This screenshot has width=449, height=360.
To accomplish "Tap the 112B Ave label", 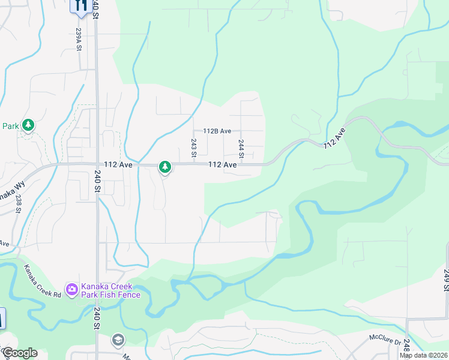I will pos(217,131).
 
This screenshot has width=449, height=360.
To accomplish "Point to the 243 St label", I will pos(194,148).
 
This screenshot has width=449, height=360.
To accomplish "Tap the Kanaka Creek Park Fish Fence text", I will pos(112,290).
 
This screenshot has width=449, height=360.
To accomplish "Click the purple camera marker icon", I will pos(72,290).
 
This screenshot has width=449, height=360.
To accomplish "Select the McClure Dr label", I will pos(384,339).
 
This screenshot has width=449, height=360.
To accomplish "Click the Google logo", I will pos(19,353).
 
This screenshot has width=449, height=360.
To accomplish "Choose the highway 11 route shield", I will pos(80,5).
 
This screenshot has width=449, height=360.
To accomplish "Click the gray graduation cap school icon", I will pos(118,340).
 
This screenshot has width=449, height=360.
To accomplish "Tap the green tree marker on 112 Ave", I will pos(164,167).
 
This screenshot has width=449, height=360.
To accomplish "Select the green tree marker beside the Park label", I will pos(28,125).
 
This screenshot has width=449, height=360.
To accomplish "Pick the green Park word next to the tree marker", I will pos(10,126).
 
